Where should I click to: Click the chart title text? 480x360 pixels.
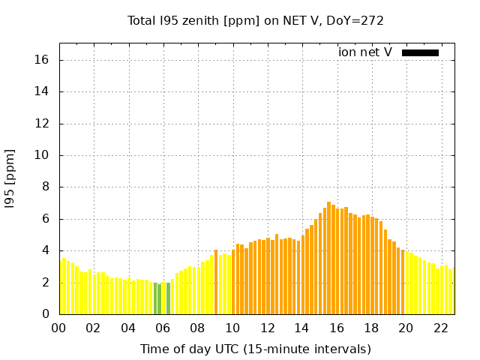(256, 20)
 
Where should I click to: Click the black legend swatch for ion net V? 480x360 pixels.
(420, 52)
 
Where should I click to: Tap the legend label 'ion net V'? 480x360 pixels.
(365, 52)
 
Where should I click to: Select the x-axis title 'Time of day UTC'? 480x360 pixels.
(255, 349)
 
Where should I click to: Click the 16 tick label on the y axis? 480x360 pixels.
(43, 60)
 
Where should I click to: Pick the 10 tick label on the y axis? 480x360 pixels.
(43, 155)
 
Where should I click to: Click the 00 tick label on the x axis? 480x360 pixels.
(58, 328)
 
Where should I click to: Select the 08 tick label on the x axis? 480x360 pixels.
(197, 328)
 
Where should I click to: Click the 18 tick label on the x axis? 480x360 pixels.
(370, 328)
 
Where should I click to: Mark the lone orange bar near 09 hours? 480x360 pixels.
(216, 282)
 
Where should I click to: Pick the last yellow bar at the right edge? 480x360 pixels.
(453, 291)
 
